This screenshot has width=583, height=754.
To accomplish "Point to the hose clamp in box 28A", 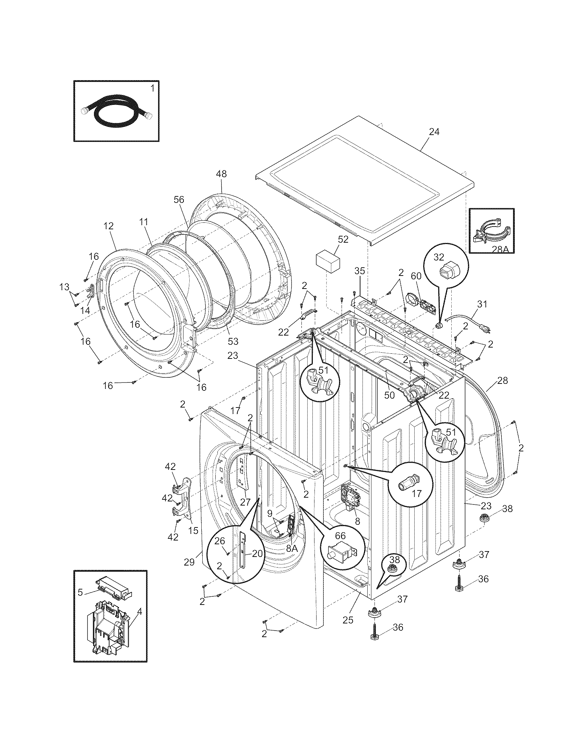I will pos(490,231).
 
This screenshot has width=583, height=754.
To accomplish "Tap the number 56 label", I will pos(179,199).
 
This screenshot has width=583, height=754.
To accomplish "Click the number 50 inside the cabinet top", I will pos(389,395).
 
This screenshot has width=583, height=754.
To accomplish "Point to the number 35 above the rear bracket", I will pos(359,271).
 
